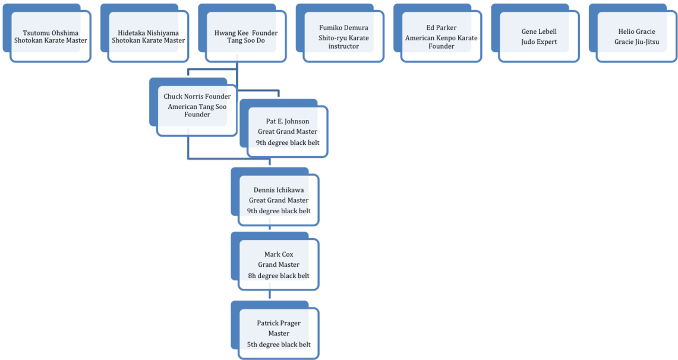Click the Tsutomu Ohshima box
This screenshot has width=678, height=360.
51,37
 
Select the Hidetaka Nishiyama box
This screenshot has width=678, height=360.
149,37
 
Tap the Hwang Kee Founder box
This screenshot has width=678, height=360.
246,37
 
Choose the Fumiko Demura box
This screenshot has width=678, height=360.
343,37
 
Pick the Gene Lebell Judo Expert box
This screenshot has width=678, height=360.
539,37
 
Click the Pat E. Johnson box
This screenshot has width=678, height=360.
288,132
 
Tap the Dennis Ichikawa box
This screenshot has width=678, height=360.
279,200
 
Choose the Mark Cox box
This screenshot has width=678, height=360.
279,264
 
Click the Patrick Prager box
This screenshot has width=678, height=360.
279,333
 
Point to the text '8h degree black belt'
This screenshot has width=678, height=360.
279,276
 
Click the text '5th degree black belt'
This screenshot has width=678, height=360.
279,345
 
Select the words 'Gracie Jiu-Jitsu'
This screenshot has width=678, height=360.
637,42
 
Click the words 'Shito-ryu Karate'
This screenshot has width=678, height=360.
343,37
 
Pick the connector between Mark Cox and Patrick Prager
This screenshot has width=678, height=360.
270,295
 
